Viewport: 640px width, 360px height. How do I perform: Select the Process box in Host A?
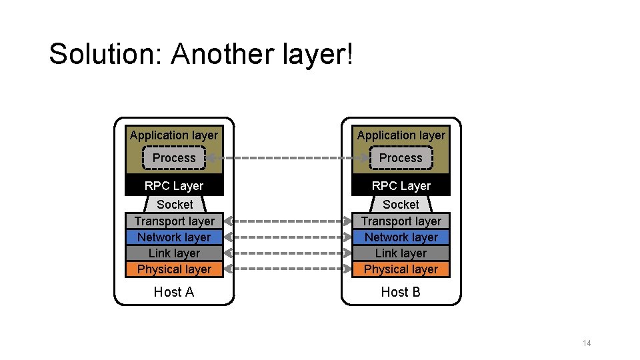pyautogui.click(x=174, y=158)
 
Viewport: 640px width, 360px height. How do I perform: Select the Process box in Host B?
pyautogui.click(x=401, y=158)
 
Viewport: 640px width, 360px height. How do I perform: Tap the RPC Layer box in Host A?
pyautogui.click(x=174, y=185)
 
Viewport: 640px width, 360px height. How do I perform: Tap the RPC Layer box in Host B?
pyautogui.click(x=401, y=185)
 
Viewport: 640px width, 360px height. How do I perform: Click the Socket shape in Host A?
pyautogui.click(x=174, y=205)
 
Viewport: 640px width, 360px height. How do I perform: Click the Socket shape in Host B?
pyautogui.click(x=401, y=205)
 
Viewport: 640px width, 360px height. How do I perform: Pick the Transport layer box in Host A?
pyautogui.click(x=174, y=221)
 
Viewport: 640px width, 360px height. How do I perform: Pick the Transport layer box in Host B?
pyautogui.click(x=401, y=221)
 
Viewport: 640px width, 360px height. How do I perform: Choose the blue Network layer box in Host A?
pyautogui.click(x=174, y=237)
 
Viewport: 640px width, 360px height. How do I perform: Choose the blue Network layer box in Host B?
pyautogui.click(x=401, y=237)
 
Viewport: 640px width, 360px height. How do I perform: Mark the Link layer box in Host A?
pyautogui.click(x=174, y=253)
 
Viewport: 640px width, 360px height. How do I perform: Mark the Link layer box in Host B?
pyautogui.click(x=401, y=253)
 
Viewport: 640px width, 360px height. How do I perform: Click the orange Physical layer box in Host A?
pyautogui.click(x=174, y=269)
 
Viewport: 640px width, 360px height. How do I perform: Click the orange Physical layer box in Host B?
pyautogui.click(x=401, y=269)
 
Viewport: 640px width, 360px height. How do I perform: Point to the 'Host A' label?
pyautogui.click(x=174, y=292)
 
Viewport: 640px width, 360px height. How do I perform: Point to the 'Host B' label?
pyautogui.click(x=401, y=292)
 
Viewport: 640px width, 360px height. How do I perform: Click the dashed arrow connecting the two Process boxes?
pyautogui.click(x=287, y=159)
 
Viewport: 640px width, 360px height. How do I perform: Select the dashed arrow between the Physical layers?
pyautogui.click(x=287, y=269)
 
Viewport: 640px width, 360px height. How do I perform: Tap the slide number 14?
pyautogui.click(x=587, y=343)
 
